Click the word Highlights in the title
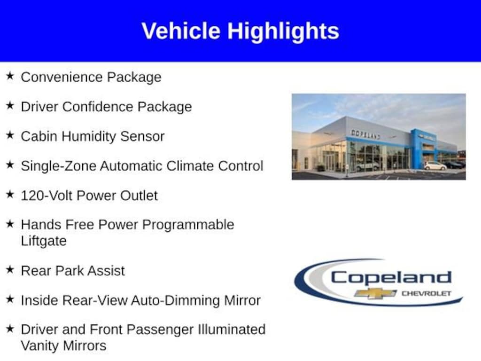click(x=283, y=31)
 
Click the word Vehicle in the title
click(x=181, y=31)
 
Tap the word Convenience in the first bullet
click(x=61, y=77)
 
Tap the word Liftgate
click(x=44, y=241)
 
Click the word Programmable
click(x=188, y=225)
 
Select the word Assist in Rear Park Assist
click(x=107, y=271)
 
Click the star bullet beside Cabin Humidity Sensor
click(x=10, y=135)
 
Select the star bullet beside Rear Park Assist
click(x=10, y=269)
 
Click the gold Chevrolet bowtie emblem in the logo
click(x=375, y=294)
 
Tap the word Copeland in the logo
click(x=391, y=278)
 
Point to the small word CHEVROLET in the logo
click(x=427, y=294)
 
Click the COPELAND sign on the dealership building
click(x=365, y=134)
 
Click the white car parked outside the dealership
click(x=435, y=166)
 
